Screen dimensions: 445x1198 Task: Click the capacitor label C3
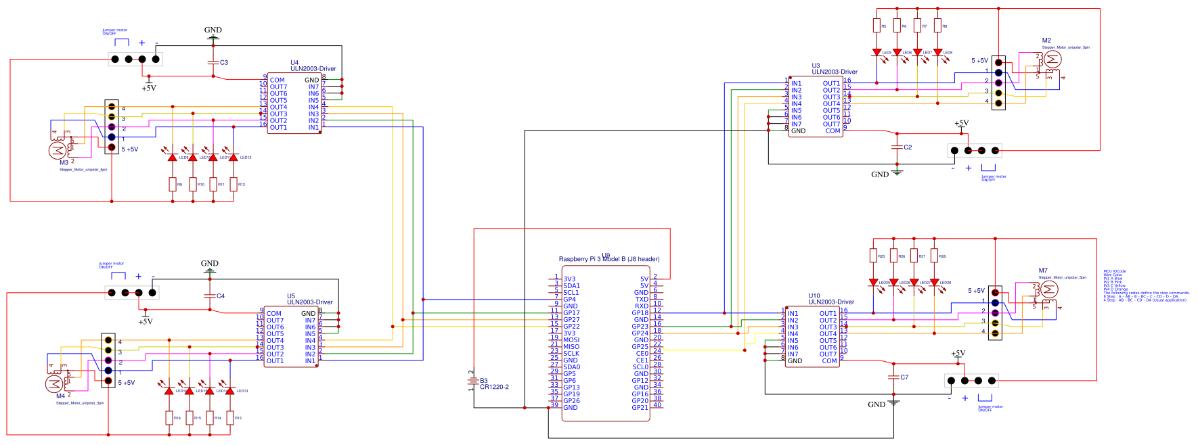click(223, 63)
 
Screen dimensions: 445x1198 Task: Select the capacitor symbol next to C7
click(893, 377)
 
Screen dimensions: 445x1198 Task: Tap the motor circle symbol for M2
click(1052, 60)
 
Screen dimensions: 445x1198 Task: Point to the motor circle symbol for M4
click(53, 384)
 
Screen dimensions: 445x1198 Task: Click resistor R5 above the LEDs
click(877, 26)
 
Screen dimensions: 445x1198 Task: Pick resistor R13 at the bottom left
click(230, 418)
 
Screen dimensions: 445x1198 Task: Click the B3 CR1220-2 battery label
click(493, 384)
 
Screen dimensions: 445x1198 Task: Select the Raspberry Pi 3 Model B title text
click(608, 259)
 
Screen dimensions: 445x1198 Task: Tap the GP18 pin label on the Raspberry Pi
click(640, 313)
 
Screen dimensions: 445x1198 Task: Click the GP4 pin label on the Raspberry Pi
click(569, 299)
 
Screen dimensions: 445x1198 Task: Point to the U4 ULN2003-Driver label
click(313, 66)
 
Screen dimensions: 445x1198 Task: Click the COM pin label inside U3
click(833, 131)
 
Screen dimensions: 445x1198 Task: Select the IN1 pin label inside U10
click(793, 314)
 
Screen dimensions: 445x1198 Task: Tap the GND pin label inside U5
click(308, 314)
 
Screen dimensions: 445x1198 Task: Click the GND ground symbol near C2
click(897, 173)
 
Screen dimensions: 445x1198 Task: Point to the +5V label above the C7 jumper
click(958, 354)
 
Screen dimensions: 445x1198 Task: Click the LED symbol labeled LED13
click(230, 391)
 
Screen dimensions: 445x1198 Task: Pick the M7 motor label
click(1043, 271)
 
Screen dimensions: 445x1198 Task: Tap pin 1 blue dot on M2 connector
click(998, 72)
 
